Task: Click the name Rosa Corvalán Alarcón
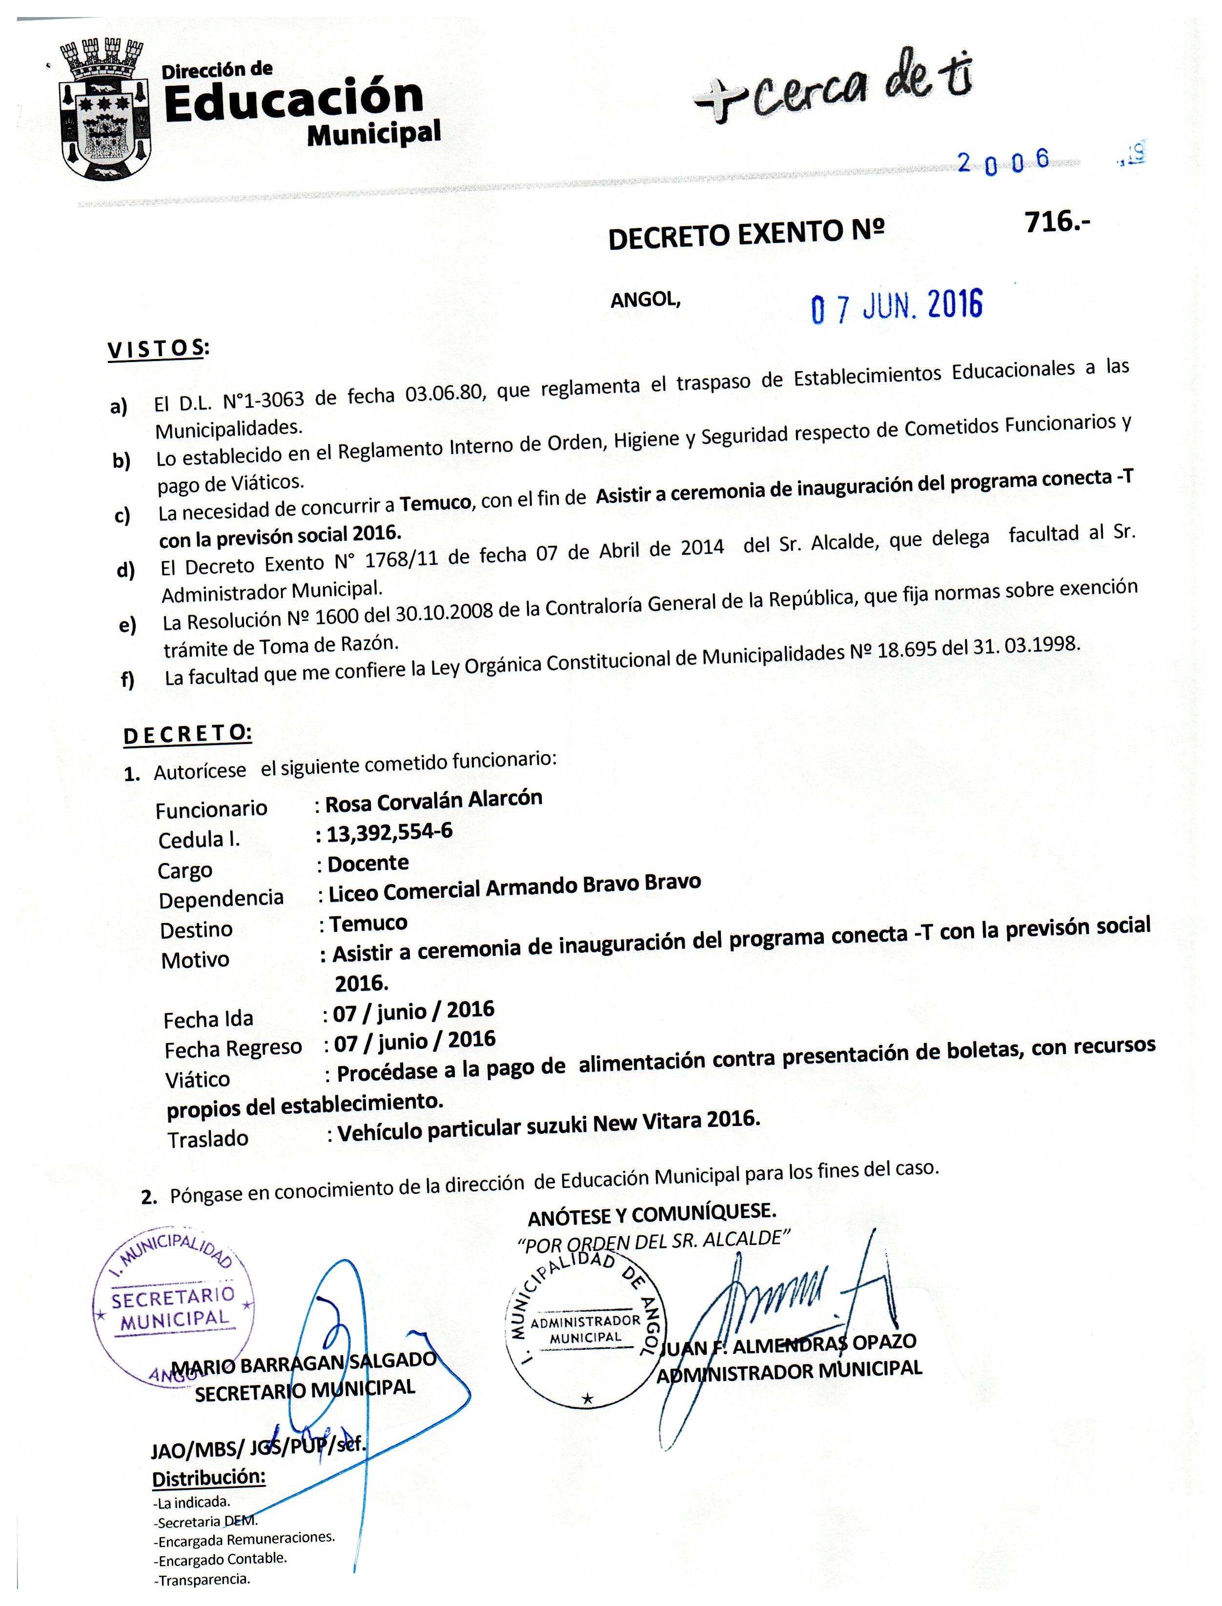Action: tap(433, 801)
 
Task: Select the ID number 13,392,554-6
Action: tap(389, 832)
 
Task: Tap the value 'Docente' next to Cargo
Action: tap(368, 863)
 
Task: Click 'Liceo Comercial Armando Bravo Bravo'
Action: tap(514, 887)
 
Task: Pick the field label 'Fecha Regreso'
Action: tap(233, 1049)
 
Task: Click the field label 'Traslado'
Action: tap(208, 1139)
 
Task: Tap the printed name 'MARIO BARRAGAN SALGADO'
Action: tap(304, 1363)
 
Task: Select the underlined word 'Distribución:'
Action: tap(209, 1478)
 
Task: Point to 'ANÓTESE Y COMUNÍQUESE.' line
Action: tap(652, 1213)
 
